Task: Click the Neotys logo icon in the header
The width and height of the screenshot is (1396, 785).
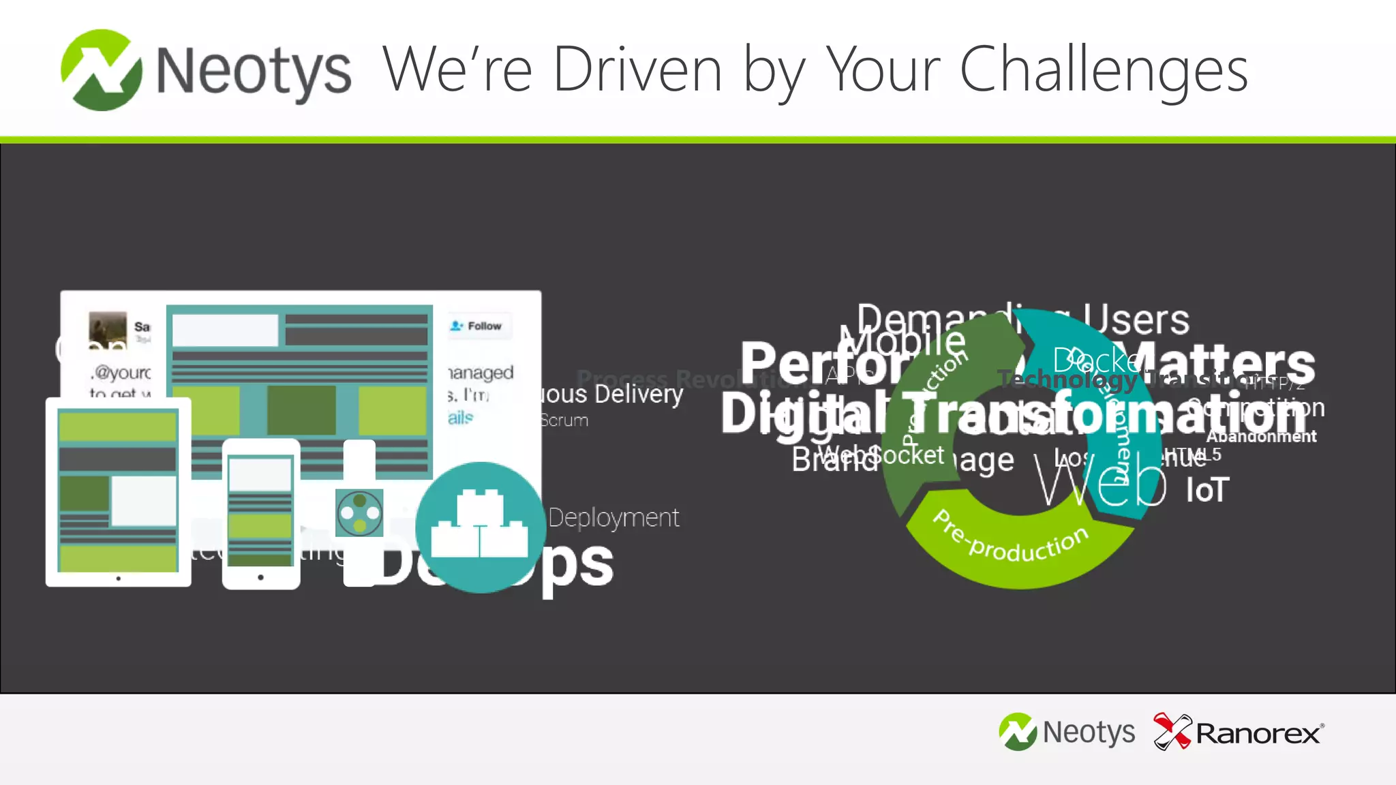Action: coord(102,70)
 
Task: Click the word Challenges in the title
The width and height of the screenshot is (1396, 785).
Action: coord(1104,70)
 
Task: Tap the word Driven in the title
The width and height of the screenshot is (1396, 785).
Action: coord(637,70)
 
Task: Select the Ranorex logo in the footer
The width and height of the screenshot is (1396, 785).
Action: coord(1239,733)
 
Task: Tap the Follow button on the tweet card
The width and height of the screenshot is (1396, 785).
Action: coord(477,326)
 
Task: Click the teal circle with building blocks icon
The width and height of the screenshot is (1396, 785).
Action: coord(481,527)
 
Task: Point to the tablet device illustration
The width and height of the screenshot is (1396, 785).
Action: coord(118,492)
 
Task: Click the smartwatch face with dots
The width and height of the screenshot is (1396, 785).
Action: coord(359,512)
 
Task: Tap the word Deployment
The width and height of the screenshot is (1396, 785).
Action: coord(613,518)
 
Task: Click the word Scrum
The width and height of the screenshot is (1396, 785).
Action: coord(564,420)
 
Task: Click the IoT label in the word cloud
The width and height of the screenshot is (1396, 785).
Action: coord(1207,491)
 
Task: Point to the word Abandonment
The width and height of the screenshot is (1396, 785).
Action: coord(1261,437)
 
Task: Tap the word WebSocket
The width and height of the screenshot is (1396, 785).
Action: coord(881,455)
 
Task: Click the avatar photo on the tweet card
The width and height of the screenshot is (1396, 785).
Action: coord(108,330)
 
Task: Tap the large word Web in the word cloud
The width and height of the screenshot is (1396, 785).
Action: coord(1099,482)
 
